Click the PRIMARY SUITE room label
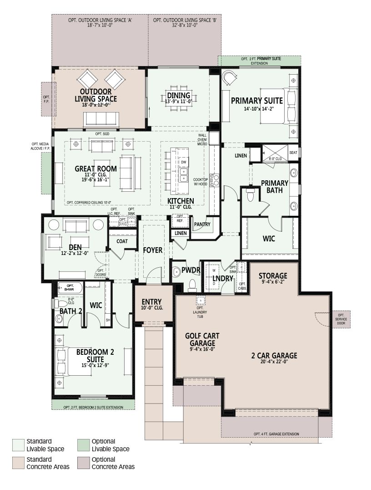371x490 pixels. (x=257, y=101)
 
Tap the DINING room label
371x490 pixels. (x=179, y=95)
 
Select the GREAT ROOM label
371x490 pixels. (x=95, y=169)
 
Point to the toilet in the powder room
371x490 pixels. (x=192, y=285)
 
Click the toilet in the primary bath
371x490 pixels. (x=251, y=195)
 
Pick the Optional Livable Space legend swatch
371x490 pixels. (x=83, y=445)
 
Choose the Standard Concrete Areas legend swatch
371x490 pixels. (x=18, y=463)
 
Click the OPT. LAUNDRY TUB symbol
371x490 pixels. (x=201, y=300)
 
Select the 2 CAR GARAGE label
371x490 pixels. (x=274, y=356)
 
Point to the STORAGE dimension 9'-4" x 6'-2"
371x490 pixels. (x=273, y=281)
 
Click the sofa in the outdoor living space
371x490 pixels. (x=101, y=119)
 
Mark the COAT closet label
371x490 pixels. (x=122, y=241)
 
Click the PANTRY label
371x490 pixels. (x=202, y=224)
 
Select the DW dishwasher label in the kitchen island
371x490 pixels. (x=184, y=162)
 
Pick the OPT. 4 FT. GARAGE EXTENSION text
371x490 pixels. (x=276, y=434)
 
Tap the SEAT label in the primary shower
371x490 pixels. (x=293, y=153)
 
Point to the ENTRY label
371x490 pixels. (x=152, y=302)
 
